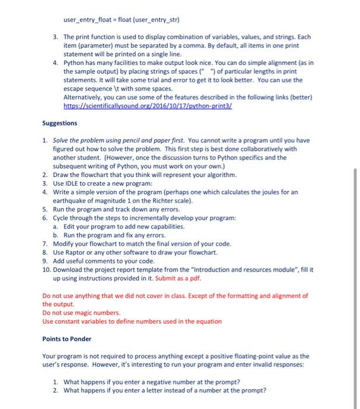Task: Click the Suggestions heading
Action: [60, 123]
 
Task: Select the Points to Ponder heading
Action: [67, 339]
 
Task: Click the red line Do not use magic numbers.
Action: [81, 313]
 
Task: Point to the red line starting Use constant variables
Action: [132, 321]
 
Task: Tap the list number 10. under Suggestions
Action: [46, 270]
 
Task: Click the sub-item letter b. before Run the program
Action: [55, 235]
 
